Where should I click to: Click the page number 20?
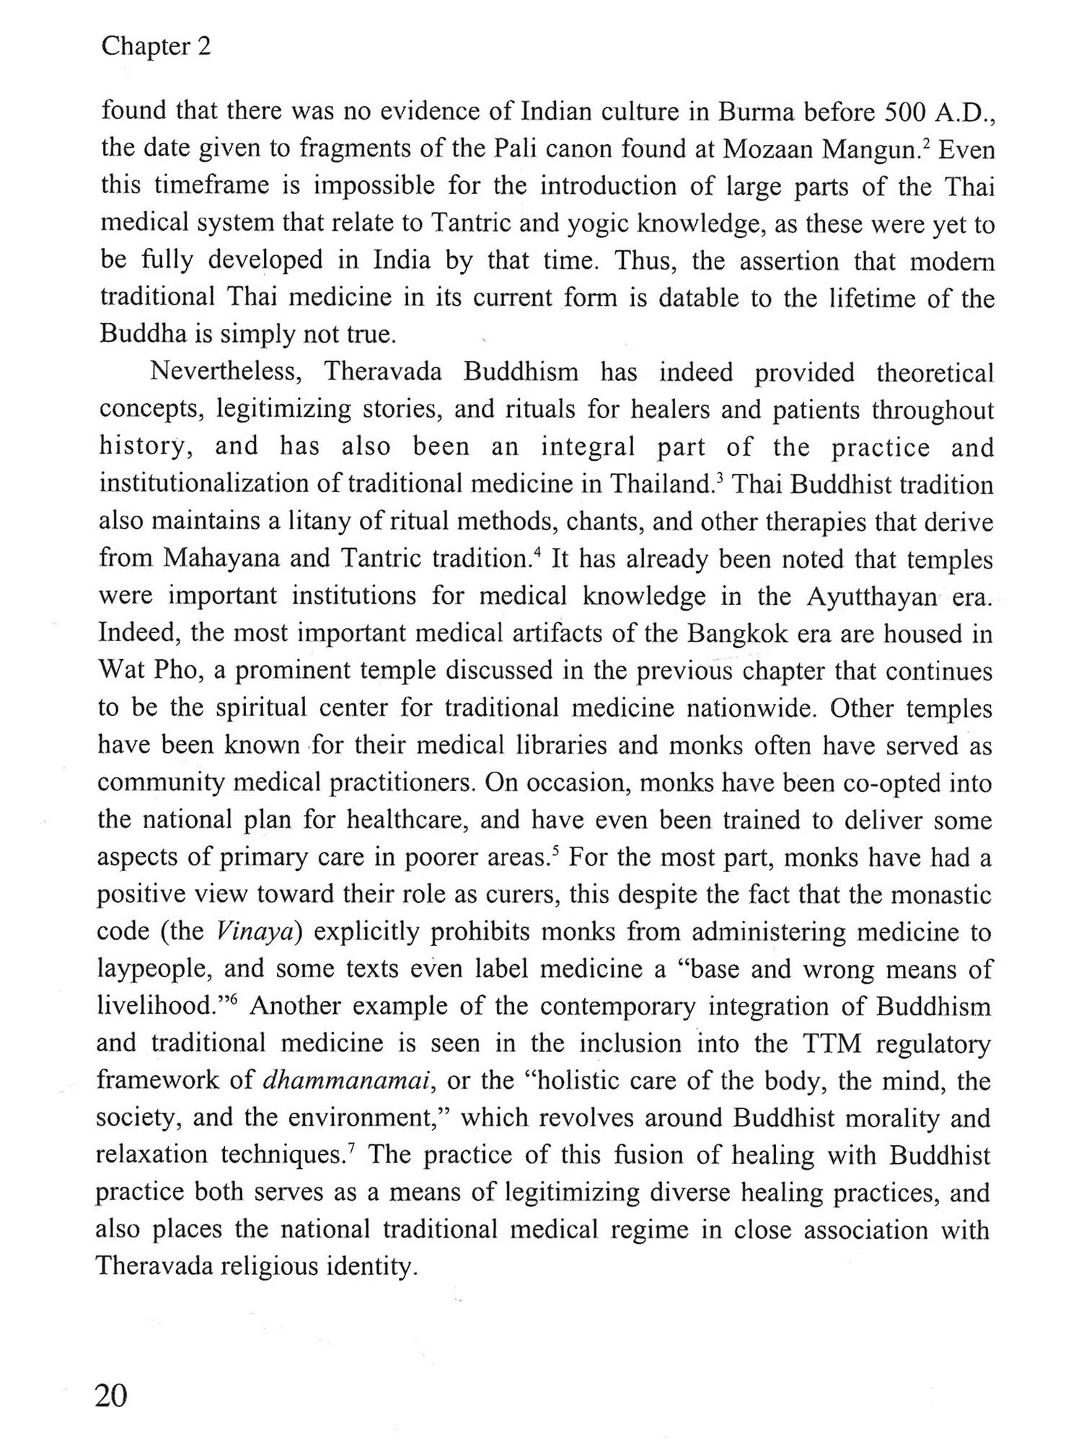point(112,1395)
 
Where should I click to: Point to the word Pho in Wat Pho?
point(177,671)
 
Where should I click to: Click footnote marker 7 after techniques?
point(351,1147)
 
